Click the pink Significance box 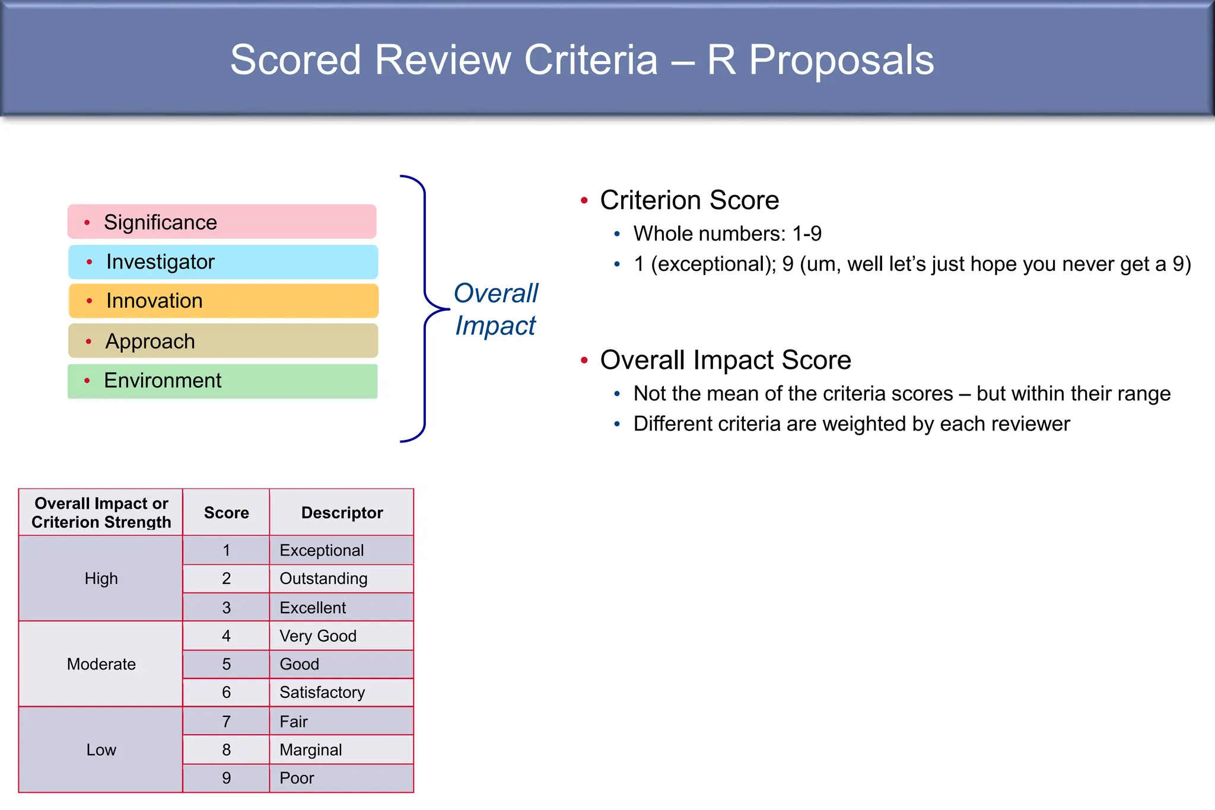[222, 222]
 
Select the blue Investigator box [223, 262]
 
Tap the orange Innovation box [223, 301]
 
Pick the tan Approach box [223, 341]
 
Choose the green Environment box [222, 381]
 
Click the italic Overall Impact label [495, 309]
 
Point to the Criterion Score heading [689, 200]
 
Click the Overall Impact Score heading [725, 360]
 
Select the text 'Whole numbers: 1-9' [727, 234]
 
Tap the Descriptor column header [342, 512]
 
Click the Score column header [226, 512]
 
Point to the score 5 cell [226, 664]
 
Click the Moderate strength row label [101, 664]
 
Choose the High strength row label [101, 578]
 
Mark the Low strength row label [101, 750]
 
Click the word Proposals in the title [841, 60]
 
